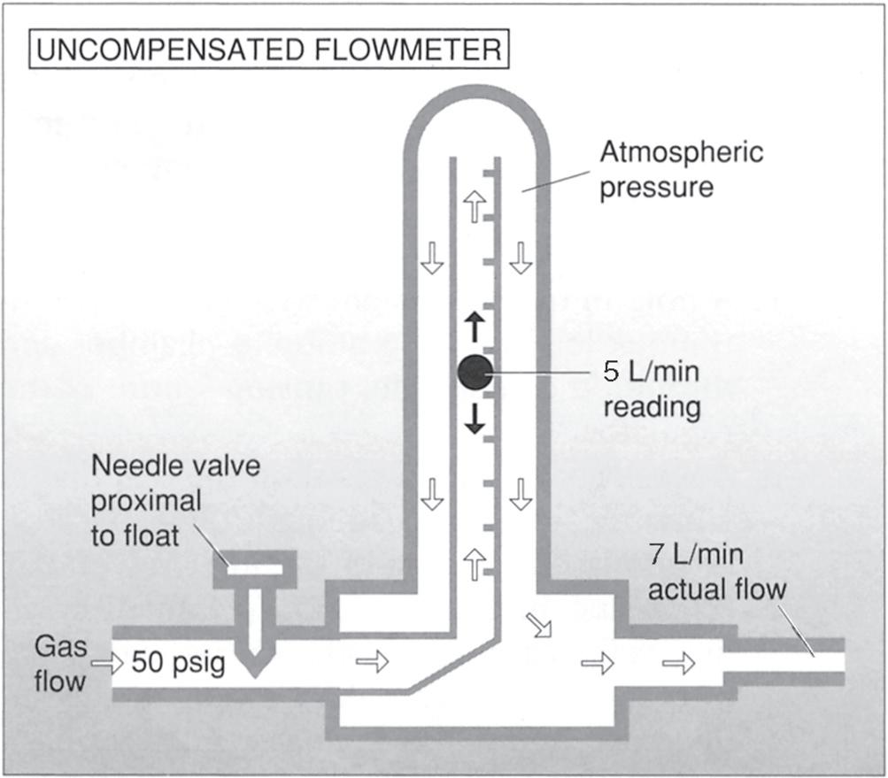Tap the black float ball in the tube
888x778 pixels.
[x=475, y=372]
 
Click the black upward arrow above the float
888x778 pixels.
[x=475, y=327]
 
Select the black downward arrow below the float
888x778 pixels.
[x=475, y=417]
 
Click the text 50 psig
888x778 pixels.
[x=179, y=661]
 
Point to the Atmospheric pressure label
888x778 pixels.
[x=681, y=169]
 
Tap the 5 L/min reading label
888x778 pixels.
[x=651, y=389]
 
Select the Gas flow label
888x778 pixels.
[x=61, y=664]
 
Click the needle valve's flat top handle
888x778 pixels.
[x=256, y=568]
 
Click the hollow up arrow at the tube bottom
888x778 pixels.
[x=475, y=562]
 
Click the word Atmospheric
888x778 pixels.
[x=681, y=152]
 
